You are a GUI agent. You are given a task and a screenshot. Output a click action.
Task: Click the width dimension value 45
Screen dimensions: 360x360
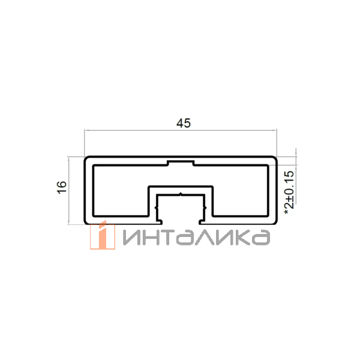183,124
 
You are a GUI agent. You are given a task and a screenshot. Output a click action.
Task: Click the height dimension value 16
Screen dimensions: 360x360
62,188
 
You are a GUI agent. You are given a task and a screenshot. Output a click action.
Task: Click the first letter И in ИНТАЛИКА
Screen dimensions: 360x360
132,238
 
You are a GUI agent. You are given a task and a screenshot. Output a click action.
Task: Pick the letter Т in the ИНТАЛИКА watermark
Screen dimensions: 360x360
170,238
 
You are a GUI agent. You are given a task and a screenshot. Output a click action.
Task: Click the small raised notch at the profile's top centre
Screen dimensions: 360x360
181,163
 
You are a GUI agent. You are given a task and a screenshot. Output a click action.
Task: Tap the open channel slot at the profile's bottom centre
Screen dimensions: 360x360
181,210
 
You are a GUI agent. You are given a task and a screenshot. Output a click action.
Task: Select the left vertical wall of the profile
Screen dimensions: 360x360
88,191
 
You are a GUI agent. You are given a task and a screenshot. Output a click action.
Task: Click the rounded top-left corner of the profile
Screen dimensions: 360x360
86,160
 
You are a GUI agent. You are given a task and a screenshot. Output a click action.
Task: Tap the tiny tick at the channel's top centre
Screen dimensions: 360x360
181,194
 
